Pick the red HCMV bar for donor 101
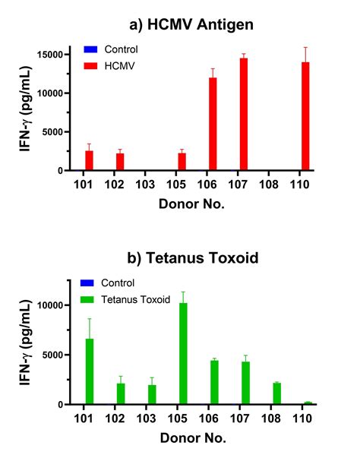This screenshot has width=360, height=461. click(x=89, y=160)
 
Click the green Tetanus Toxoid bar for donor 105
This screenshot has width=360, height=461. click(x=182, y=353)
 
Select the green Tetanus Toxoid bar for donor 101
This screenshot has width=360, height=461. click(x=89, y=371)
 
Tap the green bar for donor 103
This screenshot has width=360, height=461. click(x=152, y=394)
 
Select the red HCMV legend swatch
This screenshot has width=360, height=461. click(x=90, y=65)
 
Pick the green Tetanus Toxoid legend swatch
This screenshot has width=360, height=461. click(x=90, y=298)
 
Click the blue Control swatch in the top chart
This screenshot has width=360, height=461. click(x=90, y=50)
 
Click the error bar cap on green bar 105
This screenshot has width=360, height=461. click(x=182, y=292)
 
